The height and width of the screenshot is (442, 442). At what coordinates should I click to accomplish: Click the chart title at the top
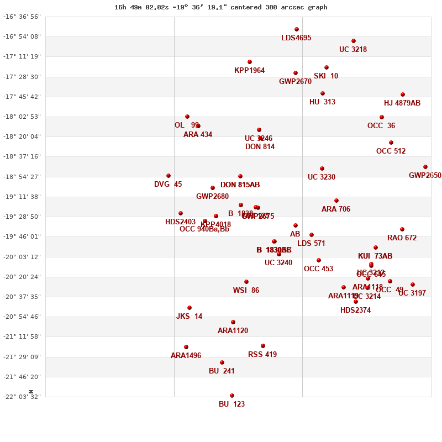coord(221,7)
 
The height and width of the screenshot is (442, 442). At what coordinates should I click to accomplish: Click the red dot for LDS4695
coord(297,29)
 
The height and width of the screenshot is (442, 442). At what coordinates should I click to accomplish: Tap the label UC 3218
coord(353,49)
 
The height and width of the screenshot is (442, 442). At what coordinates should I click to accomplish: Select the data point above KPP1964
coord(250,62)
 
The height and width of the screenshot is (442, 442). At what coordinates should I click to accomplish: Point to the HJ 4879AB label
coord(402,103)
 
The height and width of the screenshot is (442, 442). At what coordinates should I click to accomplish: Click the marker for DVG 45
coord(169,176)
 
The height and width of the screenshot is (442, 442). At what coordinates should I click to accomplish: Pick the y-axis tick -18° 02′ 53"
coord(22,117)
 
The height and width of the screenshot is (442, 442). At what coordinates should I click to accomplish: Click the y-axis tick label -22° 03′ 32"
coord(22,397)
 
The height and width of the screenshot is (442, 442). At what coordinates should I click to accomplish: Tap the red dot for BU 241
coord(222,362)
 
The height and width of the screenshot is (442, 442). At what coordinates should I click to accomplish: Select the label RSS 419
coord(262,354)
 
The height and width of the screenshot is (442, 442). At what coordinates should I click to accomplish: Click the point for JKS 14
coord(190,308)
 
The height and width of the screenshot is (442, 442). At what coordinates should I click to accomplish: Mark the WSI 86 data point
coord(246,282)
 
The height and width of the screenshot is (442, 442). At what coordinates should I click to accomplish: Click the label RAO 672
coord(402,238)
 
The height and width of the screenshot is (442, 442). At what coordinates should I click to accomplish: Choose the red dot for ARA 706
coord(336,201)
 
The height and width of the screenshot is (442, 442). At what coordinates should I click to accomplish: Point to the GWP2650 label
coord(425,175)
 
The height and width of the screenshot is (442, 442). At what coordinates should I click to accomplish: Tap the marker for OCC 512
coord(391,143)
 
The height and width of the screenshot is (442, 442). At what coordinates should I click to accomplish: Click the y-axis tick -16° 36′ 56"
coord(22,17)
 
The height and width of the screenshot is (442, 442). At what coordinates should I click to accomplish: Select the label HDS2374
coord(355,310)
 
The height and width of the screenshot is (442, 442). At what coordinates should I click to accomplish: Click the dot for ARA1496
coord(186,347)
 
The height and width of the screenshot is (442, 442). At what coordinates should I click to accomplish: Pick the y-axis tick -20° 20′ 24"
coord(22,277)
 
